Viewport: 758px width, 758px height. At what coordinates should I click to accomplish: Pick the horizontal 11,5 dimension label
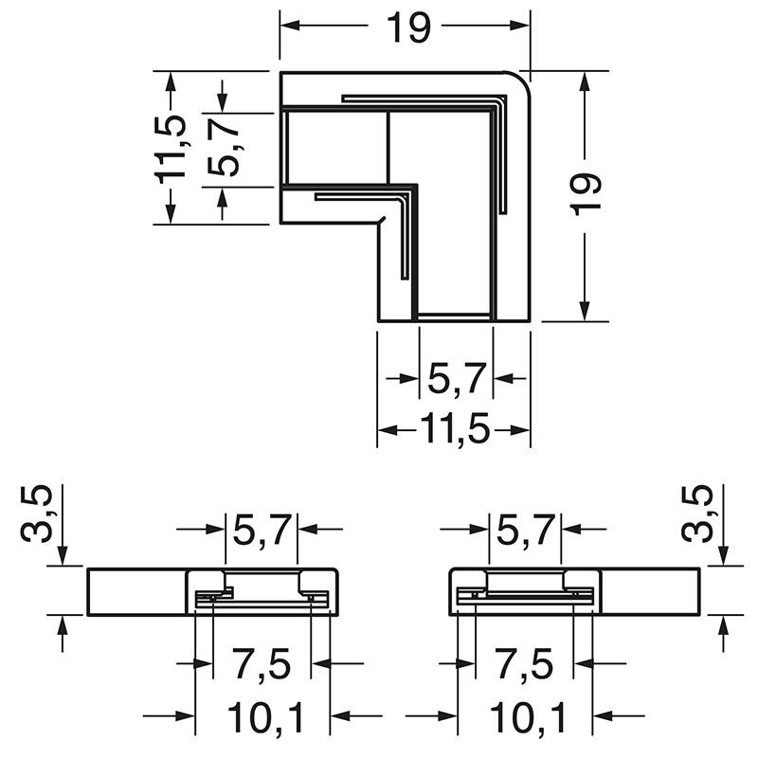(x=454, y=430)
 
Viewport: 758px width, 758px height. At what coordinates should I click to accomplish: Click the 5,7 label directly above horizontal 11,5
(x=457, y=379)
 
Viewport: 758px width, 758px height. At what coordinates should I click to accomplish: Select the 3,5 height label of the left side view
(x=37, y=514)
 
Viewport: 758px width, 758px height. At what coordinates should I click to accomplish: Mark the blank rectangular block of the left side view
(x=136, y=592)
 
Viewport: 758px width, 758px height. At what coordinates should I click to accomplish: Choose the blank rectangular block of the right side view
(x=652, y=592)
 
